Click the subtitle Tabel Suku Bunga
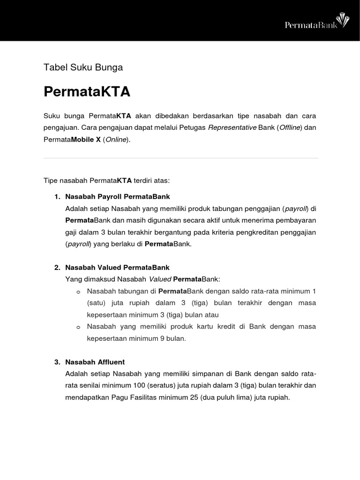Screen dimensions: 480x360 pyautogui.click(x=83, y=67)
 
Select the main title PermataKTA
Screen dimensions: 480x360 pyautogui.click(x=87, y=91)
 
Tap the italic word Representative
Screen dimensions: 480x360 pyautogui.click(x=232, y=127)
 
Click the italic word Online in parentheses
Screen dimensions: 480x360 pyautogui.click(x=115, y=140)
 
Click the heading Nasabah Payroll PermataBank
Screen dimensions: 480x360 pyautogui.click(x=118, y=196)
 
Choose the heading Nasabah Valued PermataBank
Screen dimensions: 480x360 pyautogui.click(x=117, y=268)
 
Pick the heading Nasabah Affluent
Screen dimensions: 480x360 pyautogui.click(x=95, y=362)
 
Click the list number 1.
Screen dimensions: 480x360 pyautogui.click(x=57, y=196)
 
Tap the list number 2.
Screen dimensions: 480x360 pyautogui.click(x=57, y=268)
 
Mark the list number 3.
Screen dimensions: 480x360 pyautogui.click(x=57, y=362)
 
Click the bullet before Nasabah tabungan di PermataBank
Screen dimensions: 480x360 pyautogui.click(x=78, y=292)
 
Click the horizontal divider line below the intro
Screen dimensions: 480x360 pyautogui.click(x=181, y=158)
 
